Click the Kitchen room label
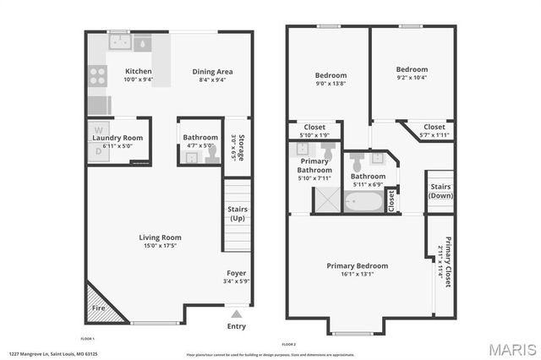point(139,71)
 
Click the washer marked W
point(97,133)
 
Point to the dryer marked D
point(97,150)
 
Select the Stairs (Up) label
point(238,214)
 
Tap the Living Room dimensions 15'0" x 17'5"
point(161,248)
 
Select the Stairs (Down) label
point(440,190)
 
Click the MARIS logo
point(505,348)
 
